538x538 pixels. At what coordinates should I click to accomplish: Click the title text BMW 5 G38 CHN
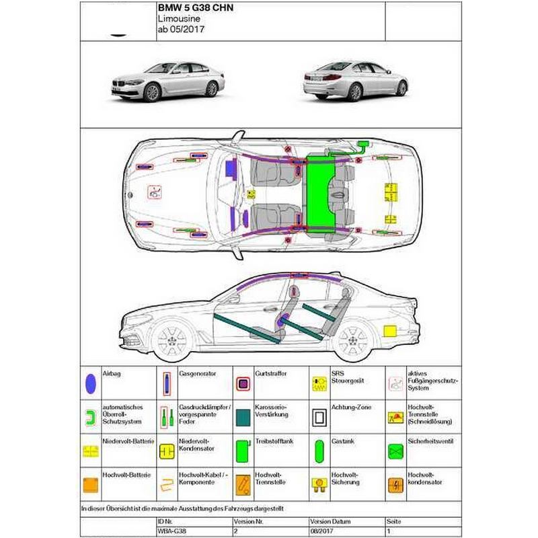(196, 8)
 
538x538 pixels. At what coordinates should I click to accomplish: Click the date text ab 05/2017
(181, 29)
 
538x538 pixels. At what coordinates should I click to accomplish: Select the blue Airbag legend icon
(91, 383)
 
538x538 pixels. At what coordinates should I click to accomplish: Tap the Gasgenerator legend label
(197, 373)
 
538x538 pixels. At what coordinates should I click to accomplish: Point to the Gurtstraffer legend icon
(243, 384)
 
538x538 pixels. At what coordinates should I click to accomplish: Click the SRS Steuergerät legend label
(347, 377)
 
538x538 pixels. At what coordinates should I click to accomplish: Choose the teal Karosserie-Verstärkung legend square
(243, 418)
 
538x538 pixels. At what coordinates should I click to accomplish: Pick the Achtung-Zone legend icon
(319, 418)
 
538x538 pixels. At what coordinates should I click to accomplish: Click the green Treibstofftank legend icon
(243, 451)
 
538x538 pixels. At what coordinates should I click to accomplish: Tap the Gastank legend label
(343, 441)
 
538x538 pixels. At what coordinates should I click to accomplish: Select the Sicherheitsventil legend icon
(395, 451)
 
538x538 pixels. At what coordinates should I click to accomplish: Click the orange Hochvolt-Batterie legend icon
(91, 485)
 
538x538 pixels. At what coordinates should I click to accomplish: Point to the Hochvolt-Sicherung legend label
(345, 478)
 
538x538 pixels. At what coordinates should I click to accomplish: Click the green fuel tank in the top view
(320, 194)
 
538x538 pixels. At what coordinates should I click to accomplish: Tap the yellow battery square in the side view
(390, 331)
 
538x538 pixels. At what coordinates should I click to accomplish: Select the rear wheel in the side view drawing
(352, 341)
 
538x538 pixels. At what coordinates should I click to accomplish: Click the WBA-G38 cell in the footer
(172, 531)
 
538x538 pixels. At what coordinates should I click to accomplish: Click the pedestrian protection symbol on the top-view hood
(155, 192)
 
